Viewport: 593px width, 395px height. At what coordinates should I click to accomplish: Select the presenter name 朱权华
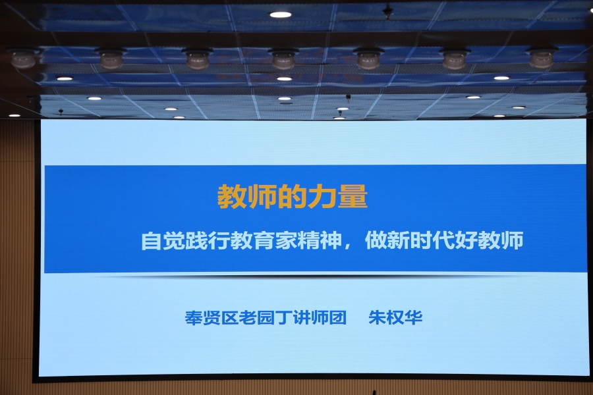point(395,317)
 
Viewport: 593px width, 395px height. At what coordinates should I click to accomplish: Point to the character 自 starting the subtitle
point(152,240)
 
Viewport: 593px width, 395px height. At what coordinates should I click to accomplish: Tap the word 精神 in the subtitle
point(320,240)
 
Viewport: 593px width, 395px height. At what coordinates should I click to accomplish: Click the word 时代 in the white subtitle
point(433,240)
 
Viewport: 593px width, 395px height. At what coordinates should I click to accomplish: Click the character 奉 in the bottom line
point(194,317)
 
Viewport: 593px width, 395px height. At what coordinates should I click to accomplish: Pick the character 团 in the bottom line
point(338,317)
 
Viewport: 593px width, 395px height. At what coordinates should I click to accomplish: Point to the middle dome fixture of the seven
point(283,58)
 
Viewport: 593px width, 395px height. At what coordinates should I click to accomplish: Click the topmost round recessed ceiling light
point(280,14)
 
